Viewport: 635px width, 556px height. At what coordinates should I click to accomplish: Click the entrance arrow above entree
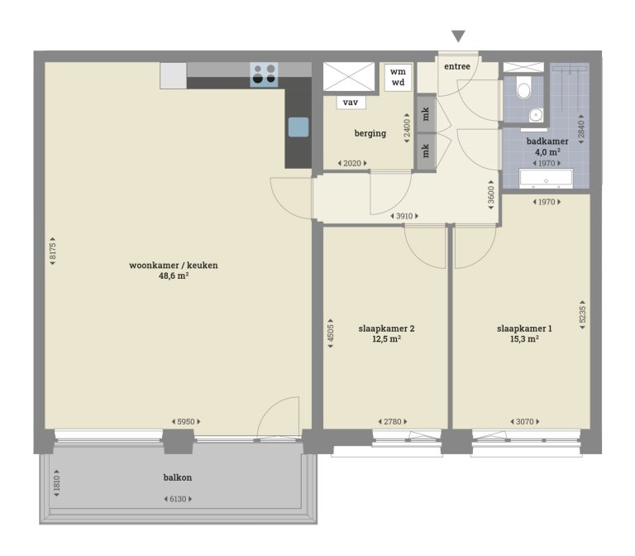click(458, 36)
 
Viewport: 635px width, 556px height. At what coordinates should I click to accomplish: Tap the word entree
click(458, 66)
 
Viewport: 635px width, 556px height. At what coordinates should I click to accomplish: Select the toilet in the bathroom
click(523, 88)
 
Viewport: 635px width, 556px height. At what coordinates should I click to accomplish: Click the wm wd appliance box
click(398, 77)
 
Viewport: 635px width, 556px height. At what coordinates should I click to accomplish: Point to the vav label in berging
click(351, 103)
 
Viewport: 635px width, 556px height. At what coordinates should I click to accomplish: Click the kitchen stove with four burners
click(265, 74)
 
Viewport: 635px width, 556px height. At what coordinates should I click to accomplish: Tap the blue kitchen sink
click(298, 127)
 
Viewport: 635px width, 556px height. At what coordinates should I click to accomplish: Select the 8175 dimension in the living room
click(53, 252)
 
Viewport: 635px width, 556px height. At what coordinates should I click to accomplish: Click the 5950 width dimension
click(186, 422)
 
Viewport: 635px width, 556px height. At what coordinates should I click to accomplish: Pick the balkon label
click(178, 477)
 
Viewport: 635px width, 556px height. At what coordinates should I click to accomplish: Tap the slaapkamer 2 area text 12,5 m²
click(386, 338)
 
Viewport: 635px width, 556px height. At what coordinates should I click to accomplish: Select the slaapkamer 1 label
click(524, 328)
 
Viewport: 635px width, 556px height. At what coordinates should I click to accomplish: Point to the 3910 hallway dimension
click(404, 216)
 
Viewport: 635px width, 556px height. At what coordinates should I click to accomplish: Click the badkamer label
click(547, 141)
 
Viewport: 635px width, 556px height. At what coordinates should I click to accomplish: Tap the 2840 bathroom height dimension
click(581, 129)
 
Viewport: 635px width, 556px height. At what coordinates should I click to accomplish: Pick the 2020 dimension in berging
click(352, 163)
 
